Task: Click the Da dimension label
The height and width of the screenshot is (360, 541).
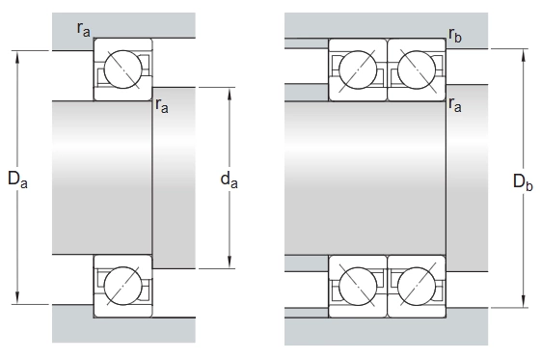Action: (x=17, y=180)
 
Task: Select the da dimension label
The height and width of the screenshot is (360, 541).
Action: (x=230, y=180)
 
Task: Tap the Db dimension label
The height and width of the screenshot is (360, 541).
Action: (x=523, y=181)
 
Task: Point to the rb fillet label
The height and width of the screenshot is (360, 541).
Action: (x=455, y=35)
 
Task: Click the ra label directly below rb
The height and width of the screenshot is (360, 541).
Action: (x=455, y=104)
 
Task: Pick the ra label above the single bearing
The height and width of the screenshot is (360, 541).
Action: (x=84, y=29)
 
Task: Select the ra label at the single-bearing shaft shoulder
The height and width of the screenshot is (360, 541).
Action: (x=162, y=105)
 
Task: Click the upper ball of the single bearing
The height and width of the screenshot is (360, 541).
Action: (x=122, y=69)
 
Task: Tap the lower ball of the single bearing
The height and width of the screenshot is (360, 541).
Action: (x=122, y=286)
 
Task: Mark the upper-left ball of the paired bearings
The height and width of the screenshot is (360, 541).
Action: (x=358, y=69)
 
